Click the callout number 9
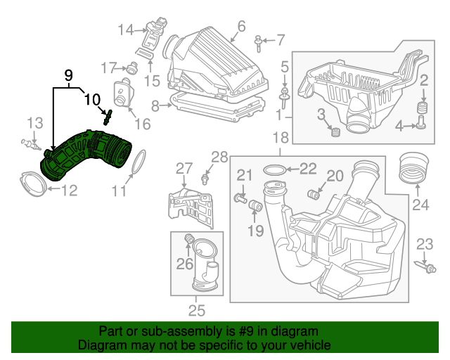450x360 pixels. tap(69, 75)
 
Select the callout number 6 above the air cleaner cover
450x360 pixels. tap(241, 27)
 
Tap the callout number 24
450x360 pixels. tap(420, 205)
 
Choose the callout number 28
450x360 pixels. tap(220, 156)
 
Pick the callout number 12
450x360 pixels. tap(67, 189)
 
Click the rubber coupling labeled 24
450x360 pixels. tap(413, 169)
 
